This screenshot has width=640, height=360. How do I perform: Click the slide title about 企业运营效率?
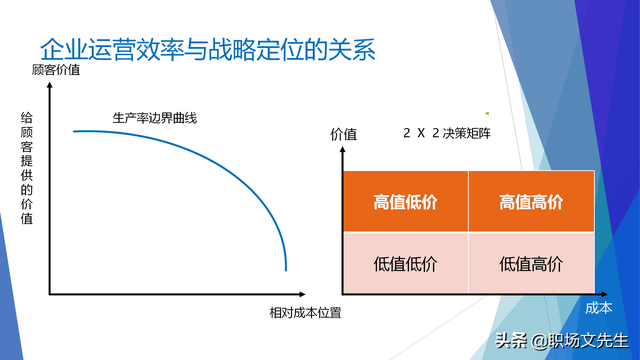tap(207, 50)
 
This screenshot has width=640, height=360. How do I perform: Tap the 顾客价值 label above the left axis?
tap(56, 70)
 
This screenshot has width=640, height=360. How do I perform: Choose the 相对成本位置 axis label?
tap(305, 313)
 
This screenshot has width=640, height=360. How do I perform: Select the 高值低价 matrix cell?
tap(405, 202)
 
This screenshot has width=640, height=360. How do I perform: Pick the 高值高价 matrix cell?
tap(530, 202)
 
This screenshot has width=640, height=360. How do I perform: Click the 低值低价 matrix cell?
tap(405, 264)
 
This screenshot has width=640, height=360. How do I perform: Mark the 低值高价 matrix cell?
tap(530, 264)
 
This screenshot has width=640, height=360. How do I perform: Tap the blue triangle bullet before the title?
tap(24, 50)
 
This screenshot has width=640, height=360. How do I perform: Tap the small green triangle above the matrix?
tap(487, 112)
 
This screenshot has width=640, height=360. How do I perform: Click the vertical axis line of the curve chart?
tap(49, 190)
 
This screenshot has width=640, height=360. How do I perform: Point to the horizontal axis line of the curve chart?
tap(170, 296)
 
